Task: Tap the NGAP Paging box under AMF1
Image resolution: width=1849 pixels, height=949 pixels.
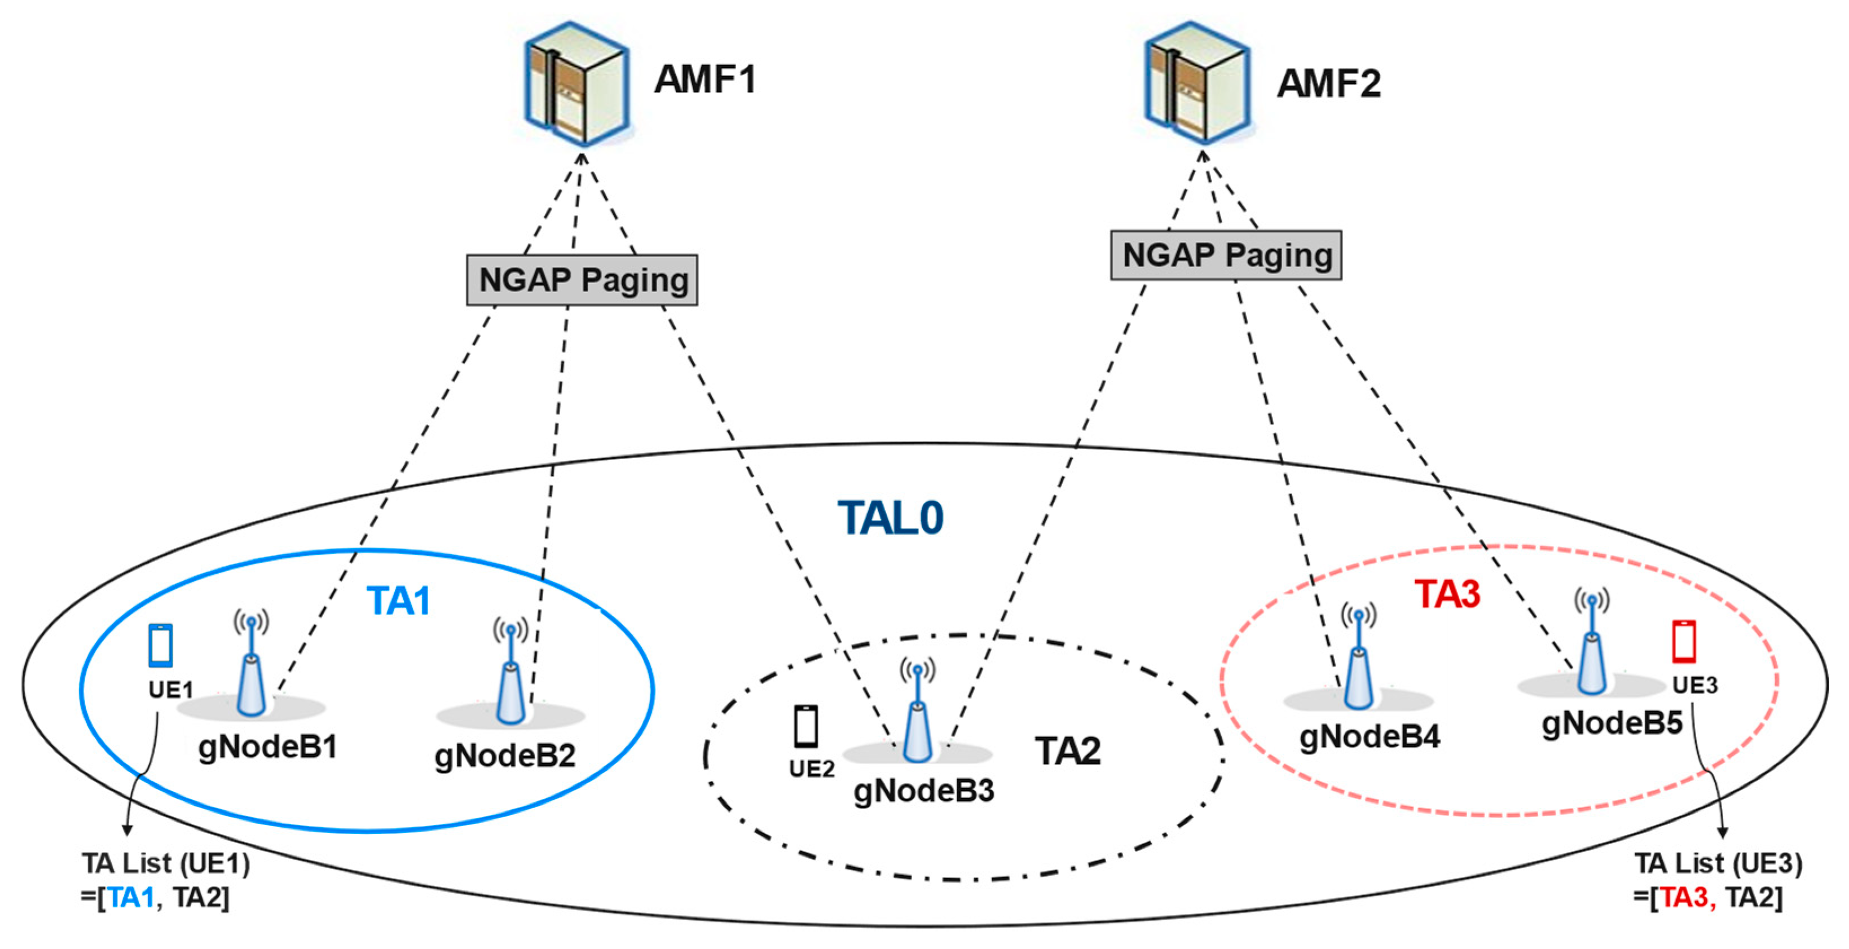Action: coord(582,280)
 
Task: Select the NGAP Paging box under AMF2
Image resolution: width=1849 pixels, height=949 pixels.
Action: coord(1226,255)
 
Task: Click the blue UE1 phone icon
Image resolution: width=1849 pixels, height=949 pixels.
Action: coord(160,646)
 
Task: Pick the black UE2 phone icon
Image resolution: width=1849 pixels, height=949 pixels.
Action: coord(805,726)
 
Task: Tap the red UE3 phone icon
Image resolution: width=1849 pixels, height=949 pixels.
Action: coord(1684,641)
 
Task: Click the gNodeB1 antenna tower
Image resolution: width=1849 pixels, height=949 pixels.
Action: coord(251,664)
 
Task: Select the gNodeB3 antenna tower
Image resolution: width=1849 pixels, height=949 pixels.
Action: coord(917,710)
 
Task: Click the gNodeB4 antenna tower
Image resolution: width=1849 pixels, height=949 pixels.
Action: coord(1359,656)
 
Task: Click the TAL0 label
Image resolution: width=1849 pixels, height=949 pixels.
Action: coord(890,518)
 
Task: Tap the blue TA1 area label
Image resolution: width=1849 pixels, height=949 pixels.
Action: coord(398,601)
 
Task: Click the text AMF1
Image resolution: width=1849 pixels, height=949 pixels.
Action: coord(705,79)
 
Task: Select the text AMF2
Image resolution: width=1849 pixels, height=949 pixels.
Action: coord(1328,83)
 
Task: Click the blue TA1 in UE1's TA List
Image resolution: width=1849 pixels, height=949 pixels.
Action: coord(131,897)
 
